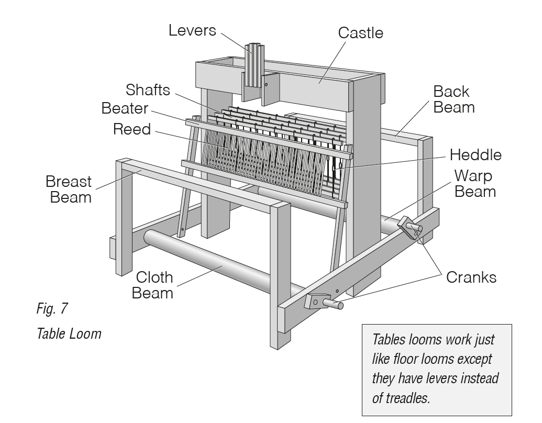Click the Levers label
click(x=192, y=30)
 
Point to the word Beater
click(x=125, y=109)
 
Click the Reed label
click(x=131, y=129)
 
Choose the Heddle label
click(x=475, y=155)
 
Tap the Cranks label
click(x=471, y=277)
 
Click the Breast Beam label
click(x=68, y=190)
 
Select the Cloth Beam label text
click(x=152, y=285)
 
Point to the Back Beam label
click(x=453, y=99)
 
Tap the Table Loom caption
click(x=69, y=333)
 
